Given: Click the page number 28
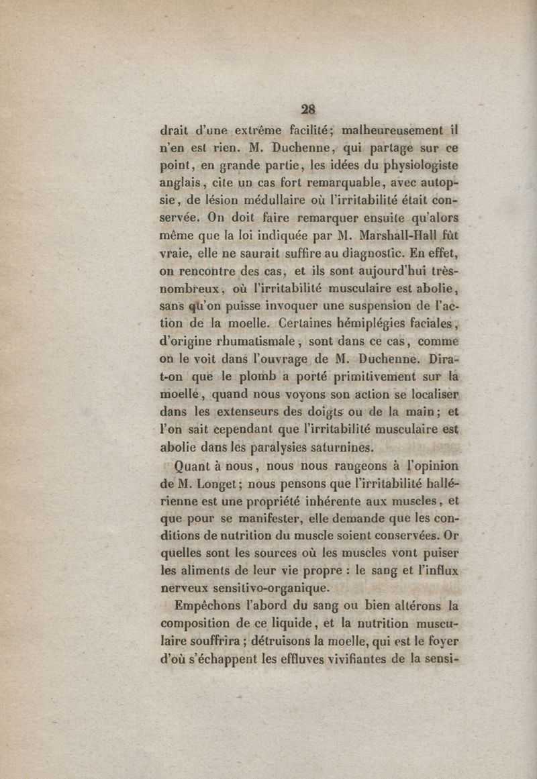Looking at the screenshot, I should click(x=308, y=109).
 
